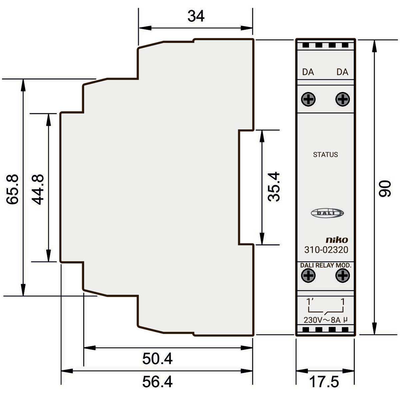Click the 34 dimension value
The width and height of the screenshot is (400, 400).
click(196, 16)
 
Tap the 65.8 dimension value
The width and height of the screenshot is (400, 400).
click(12, 189)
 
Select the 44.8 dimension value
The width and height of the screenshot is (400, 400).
click(38, 189)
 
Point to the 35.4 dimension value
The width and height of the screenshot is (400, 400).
click(274, 187)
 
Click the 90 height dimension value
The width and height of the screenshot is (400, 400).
click(385, 188)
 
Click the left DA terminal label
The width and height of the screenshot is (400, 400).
click(308, 72)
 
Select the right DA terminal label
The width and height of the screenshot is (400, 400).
click(342, 72)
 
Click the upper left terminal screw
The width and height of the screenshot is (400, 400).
click(308, 99)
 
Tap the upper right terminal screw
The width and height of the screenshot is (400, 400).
click(343, 99)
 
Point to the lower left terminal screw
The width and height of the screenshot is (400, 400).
click(308, 276)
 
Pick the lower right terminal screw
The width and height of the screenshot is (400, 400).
click(343, 276)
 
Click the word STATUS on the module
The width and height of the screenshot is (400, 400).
click(325, 155)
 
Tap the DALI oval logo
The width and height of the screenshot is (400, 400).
click(327, 213)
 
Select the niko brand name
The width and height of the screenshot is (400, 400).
click(337, 240)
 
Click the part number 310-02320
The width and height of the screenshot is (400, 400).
click(326, 250)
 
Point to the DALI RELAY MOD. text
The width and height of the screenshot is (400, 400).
click(326, 265)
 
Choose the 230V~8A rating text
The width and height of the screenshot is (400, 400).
click(325, 320)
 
